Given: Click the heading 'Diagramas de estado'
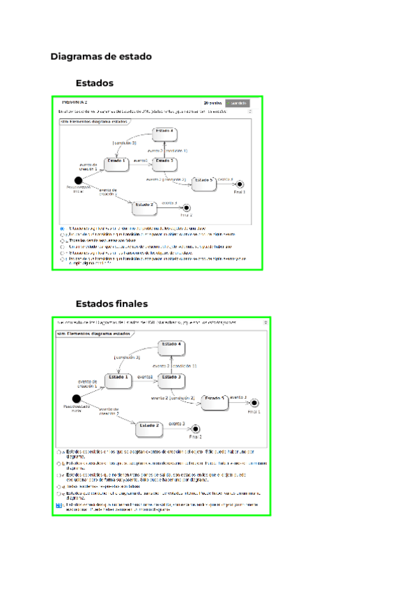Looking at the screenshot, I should click(101, 56).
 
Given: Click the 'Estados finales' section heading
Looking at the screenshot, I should click(111, 304).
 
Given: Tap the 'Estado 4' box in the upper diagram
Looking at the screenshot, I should click(164, 131).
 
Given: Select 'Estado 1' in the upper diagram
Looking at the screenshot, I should click(116, 162).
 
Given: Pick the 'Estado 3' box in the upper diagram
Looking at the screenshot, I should click(164, 162).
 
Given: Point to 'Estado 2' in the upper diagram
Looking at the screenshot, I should click(144, 205).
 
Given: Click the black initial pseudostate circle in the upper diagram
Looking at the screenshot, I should click(78, 180).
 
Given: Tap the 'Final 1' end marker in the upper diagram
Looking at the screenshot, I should click(239, 183).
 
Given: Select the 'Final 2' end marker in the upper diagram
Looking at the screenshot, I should click(185, 208).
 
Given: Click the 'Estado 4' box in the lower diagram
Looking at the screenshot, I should click(171, 345).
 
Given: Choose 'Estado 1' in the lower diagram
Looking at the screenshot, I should click(118, 379).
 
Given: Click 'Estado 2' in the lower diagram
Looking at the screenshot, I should click(148, 426).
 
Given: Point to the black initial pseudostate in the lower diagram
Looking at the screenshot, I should click(77, 399).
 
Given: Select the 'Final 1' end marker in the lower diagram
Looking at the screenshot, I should click(254, 403).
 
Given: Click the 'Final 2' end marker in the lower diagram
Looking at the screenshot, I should click(195, 429).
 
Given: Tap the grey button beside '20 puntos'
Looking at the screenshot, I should click(237, 103).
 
